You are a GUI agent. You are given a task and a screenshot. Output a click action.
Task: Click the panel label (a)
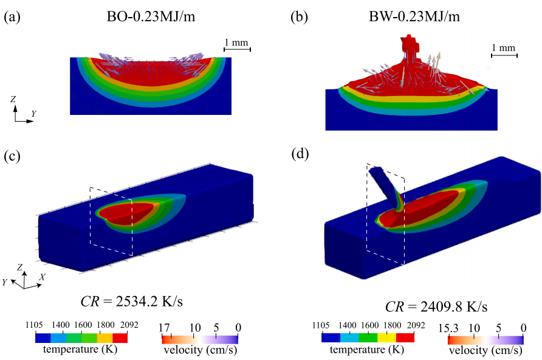click(x=12, y=18)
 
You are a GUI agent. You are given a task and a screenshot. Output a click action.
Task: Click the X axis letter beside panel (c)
click(x=42, y=276)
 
